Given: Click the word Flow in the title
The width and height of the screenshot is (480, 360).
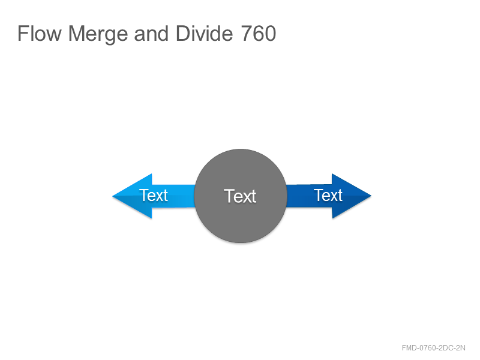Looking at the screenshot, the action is point(40,34).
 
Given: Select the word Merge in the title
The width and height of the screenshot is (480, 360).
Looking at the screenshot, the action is point(98,35).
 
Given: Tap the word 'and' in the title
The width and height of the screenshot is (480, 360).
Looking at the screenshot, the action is point(151,34).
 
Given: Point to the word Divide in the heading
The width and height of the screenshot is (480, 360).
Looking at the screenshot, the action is point(204,33).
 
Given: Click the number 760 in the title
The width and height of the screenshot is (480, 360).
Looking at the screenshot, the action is point(259,34).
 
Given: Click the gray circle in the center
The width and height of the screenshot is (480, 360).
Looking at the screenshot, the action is point(241,196).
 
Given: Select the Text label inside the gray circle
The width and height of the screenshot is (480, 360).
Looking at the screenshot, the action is point(240,196).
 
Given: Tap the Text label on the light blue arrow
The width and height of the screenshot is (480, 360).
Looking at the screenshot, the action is point(154,196).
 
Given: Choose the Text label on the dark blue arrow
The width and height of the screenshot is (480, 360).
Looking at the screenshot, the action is point(328,196).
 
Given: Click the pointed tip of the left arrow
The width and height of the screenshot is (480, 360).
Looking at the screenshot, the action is point(113,196).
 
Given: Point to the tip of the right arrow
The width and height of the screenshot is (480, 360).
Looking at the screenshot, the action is point(371,196).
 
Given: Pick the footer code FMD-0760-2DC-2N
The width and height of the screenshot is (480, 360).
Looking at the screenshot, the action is point(433,348).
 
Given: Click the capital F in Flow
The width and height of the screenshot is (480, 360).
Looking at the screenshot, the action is point(23,34).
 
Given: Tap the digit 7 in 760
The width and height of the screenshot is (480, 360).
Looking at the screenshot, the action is point(247,34).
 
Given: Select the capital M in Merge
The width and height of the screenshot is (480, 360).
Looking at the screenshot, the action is point(76,34).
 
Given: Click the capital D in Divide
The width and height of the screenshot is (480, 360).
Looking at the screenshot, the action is point(183,34).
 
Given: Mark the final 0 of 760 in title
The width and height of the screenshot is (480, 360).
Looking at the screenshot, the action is point(271,34).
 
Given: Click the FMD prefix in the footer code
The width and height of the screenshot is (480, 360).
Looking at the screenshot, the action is point(410,348).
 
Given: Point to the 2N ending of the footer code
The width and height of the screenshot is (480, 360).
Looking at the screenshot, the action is point(461,348).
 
